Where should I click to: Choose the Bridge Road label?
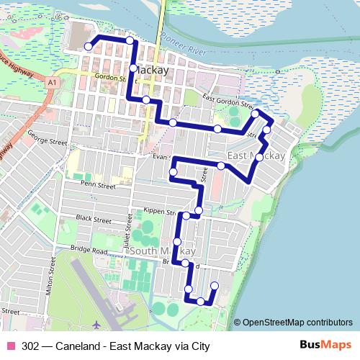[x=89, y=250]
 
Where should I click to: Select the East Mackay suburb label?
[x=256, y=156]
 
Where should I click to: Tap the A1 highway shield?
[x=53, y=84]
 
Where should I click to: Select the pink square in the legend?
[x=10, y=346]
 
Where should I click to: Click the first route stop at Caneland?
[x=89, y=47]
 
